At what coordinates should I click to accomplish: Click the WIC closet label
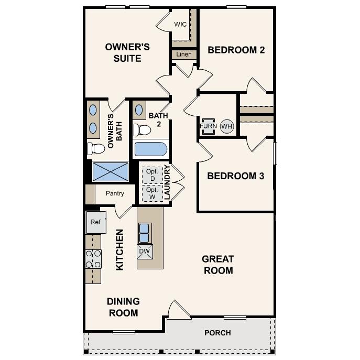coord(181,25)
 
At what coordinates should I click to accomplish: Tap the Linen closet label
coord(183,54)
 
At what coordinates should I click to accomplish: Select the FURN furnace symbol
coord(208,126)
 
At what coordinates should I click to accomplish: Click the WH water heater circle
coord(226,126)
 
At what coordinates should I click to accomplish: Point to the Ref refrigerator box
coord(95,222)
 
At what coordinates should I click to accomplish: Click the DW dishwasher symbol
coord(144,252)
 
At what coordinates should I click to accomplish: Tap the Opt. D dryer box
coord(152,174)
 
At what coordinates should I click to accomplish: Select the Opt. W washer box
coord(152,193)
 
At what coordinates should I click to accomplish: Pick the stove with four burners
coord(93,259)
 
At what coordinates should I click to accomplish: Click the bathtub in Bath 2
coord(150,149)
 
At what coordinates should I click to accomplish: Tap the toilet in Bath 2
coord(140,128)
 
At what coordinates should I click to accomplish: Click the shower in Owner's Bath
coord(110,171)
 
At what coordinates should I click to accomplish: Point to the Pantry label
coord(115,193)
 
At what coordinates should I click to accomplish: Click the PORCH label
coord(217,333)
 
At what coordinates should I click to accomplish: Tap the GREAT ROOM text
coord(217,265)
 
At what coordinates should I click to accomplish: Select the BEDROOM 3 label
coord(235,176)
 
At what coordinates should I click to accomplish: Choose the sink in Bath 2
coord(140,110)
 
